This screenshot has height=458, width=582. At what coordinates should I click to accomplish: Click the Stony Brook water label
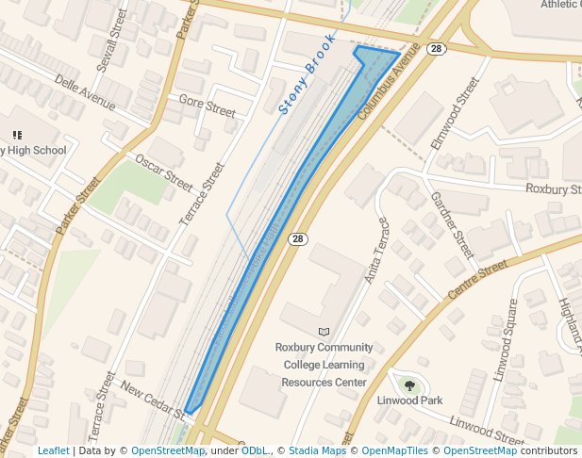click(x=308, y=76)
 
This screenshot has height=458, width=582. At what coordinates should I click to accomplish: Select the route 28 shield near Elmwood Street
click(x=435, y=49)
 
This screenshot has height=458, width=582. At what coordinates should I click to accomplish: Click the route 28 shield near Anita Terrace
click(x=297, y=239)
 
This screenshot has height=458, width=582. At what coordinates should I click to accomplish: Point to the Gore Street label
click(x=207, y=106)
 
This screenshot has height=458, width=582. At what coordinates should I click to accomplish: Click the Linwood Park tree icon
click(x=409, y=384)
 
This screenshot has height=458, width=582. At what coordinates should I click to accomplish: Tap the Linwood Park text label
click(x=409, y=401)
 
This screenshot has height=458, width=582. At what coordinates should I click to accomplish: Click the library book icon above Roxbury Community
click(x=324, y=332)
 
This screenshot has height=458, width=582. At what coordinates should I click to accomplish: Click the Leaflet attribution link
click(x=53, y=451)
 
